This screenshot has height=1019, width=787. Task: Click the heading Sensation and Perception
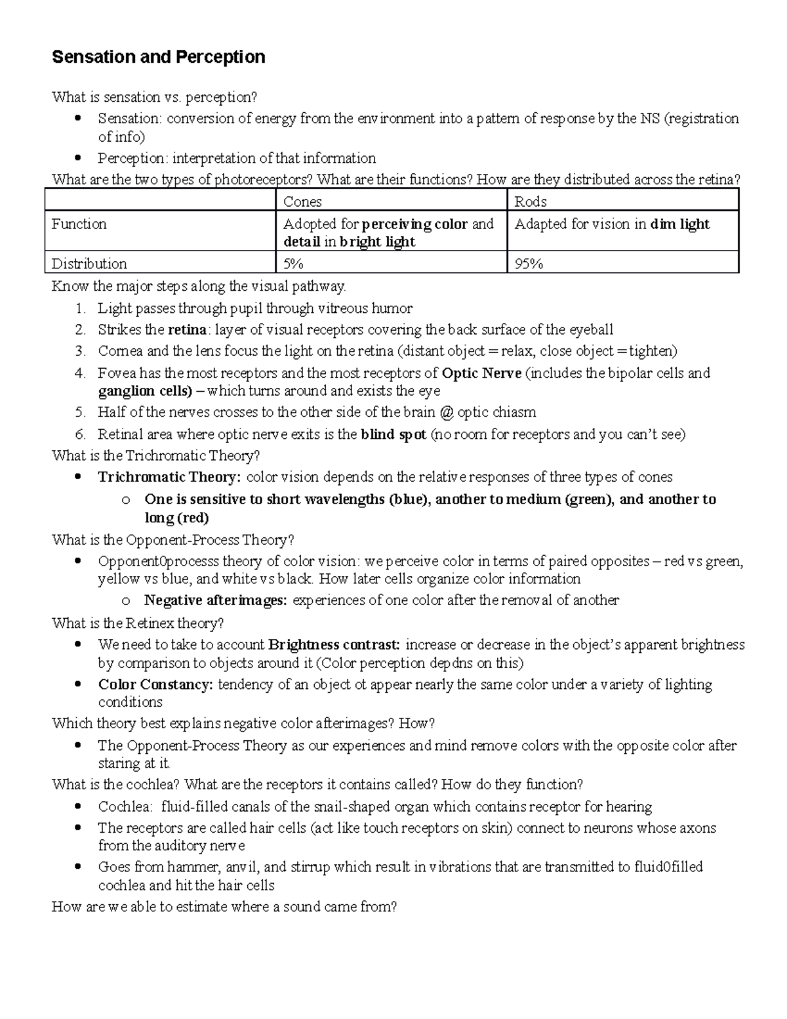(x=158, y=57)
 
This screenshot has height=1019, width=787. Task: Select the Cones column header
(x=302, y=201)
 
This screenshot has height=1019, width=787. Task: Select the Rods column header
(x=531, y=201)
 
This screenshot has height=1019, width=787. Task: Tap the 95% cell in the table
(x=529, y=264)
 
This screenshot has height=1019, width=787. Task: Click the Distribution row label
(x=89, y=264)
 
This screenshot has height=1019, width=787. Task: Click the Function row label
(x=79, y=224)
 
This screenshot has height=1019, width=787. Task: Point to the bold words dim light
(x=679, y=224)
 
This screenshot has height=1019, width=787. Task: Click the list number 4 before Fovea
(x=80, y=373)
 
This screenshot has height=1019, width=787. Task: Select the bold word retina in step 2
(x=188, y=329)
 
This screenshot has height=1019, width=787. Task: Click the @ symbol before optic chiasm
(x=447, y=413)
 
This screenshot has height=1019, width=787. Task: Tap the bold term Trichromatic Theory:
(x=169, y=477)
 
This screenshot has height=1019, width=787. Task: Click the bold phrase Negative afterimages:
(x=215, y=600)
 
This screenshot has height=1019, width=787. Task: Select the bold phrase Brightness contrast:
(x=336, y=645)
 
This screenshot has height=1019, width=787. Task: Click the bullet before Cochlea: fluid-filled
(x=79, y=806)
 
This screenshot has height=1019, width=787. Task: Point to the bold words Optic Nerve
(x=481, y=373)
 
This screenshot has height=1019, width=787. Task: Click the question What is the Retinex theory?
(x=138, y=623)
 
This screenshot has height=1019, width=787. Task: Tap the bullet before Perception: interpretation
(x=79, y=157)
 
